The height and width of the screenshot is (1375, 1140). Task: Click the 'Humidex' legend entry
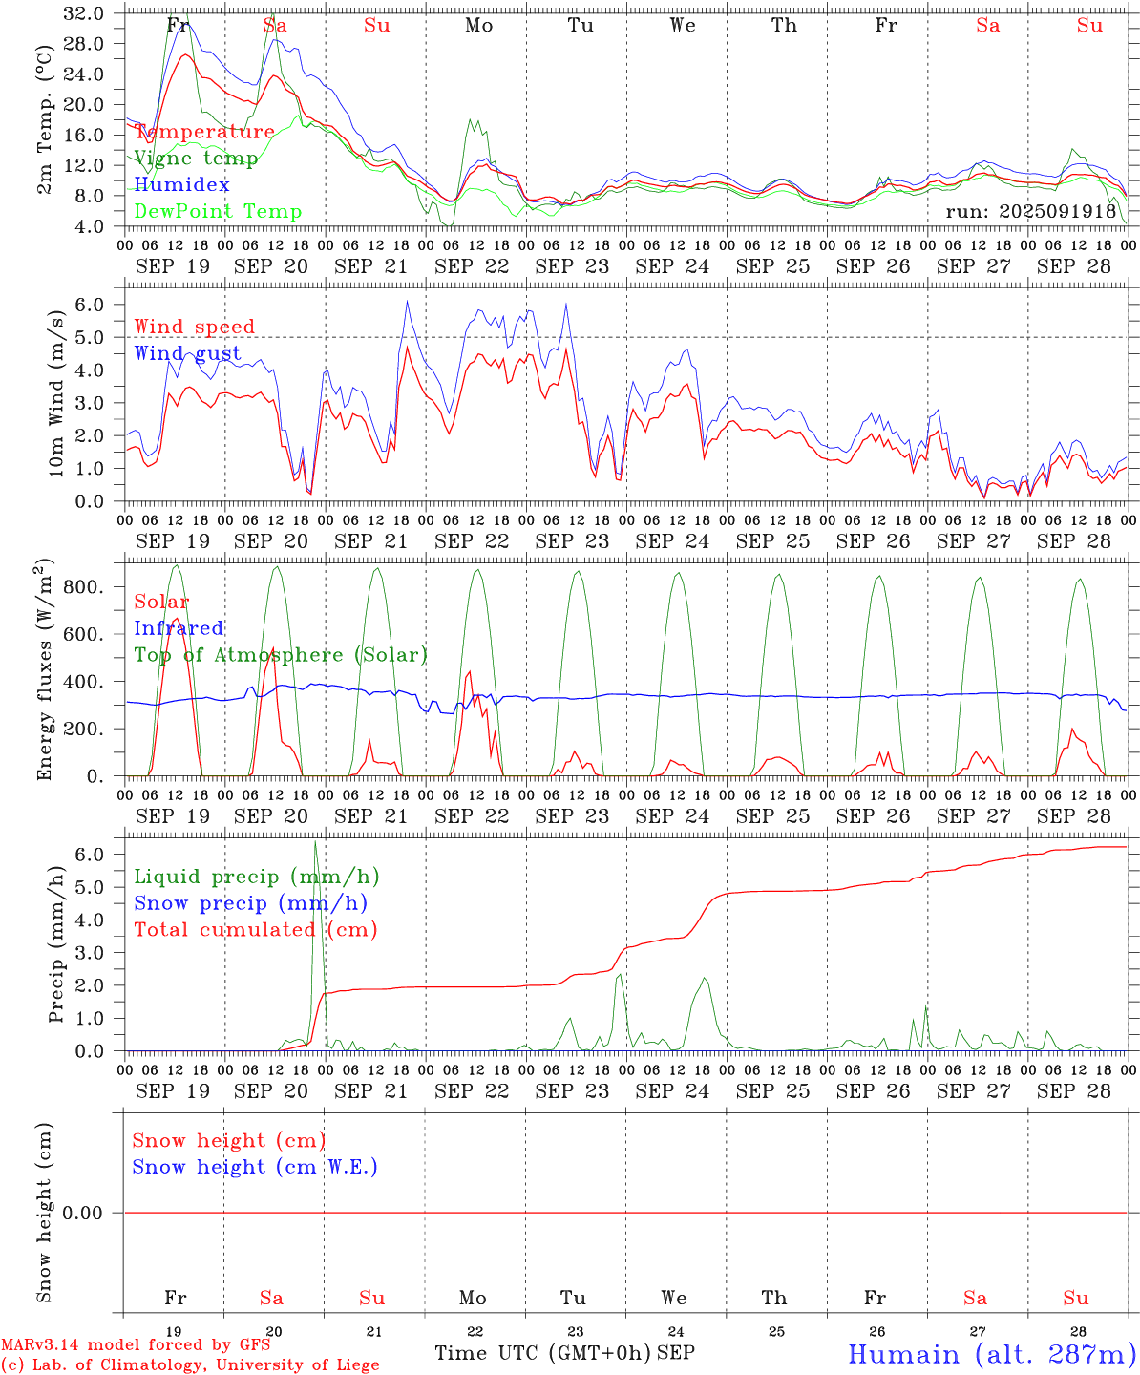181,185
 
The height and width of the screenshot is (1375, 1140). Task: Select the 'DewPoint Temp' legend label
218,212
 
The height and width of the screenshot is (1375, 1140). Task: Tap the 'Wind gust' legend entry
187,353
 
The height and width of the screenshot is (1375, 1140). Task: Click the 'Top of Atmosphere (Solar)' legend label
281,655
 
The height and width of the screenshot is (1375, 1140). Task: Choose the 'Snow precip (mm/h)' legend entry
250,903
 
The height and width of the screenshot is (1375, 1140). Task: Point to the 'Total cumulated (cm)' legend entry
255,930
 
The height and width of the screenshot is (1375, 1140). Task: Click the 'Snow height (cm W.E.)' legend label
255,1167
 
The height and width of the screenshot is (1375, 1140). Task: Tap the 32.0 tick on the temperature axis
87,13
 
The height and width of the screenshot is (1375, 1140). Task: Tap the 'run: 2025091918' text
1030,211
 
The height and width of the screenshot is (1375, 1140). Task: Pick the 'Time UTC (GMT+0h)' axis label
542,1353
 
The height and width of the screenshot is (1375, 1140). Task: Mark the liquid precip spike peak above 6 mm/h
315,842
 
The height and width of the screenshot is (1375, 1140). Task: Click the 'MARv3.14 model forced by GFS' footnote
136,1345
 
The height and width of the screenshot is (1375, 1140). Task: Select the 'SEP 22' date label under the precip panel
472,1090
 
